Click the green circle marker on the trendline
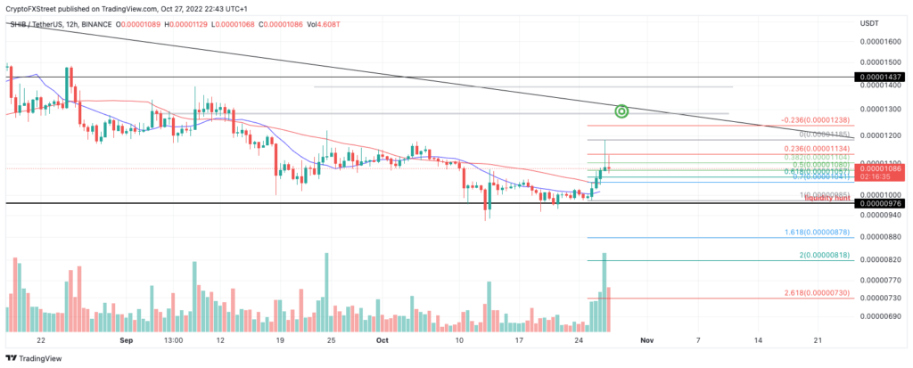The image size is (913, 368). pos(622,111)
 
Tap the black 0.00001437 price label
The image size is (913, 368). pos(880,78)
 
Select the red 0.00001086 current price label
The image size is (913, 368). pos(880,168)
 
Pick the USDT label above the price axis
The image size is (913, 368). pos(870,21)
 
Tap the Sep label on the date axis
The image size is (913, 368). pos(125,340)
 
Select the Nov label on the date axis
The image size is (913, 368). pos(647,340)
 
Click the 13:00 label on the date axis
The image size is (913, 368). pos(174,340)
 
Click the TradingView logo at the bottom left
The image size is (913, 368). pos(31,358)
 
